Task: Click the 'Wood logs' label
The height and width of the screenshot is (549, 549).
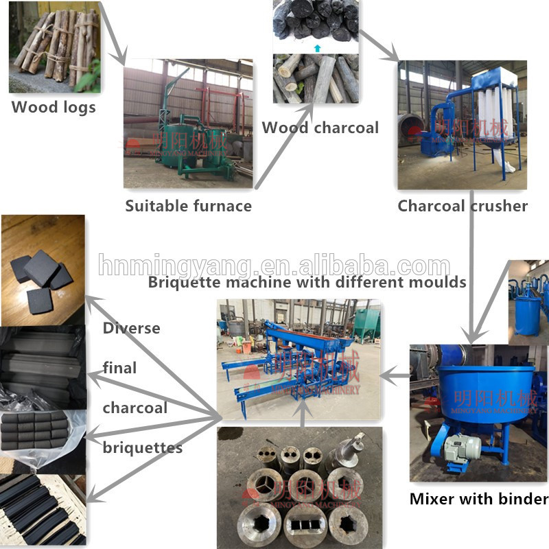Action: (x=54, y=107)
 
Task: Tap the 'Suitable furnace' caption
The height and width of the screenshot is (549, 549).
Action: (x=188, y=205)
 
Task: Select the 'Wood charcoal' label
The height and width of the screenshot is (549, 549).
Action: (x=320, y=127)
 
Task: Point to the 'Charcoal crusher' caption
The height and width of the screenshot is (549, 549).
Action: (x=463, y=205)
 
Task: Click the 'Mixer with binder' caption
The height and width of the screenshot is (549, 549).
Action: (x=478, y=499)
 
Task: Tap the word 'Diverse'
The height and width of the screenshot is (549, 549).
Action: (x=131, y=328)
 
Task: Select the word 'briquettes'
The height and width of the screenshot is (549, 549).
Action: (x=143, y=448)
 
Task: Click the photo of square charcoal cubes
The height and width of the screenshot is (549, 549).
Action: (x=43, y=269)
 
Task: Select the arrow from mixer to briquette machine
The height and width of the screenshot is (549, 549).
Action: (x=394, y=375)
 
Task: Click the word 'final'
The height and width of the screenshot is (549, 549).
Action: (x=119, y=368)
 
